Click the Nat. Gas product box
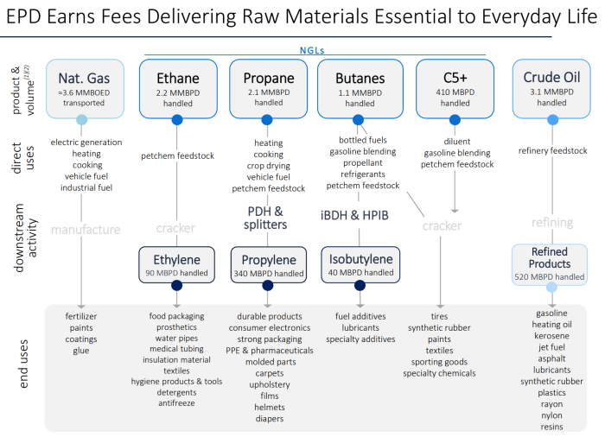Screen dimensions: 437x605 point(81,88)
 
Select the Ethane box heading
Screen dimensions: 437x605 point(177,77)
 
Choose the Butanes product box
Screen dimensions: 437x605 point(360,88)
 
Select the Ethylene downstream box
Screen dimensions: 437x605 point(177,264)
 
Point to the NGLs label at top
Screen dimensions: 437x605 point(315,52)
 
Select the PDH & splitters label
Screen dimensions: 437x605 point(266,218)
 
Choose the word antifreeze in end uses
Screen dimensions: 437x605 point(176,403)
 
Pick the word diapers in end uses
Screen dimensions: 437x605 point(270,419)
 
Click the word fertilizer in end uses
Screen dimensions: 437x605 point(81,316)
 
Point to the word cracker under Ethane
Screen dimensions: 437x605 point(176,229)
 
